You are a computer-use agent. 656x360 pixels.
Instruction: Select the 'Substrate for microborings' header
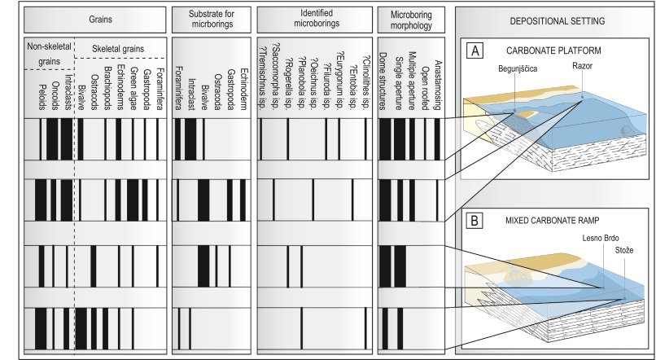pos(210,16)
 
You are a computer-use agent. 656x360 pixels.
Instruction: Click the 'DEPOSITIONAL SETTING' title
pos(553,17)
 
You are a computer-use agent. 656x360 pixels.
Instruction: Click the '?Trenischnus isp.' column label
pos(261,86)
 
